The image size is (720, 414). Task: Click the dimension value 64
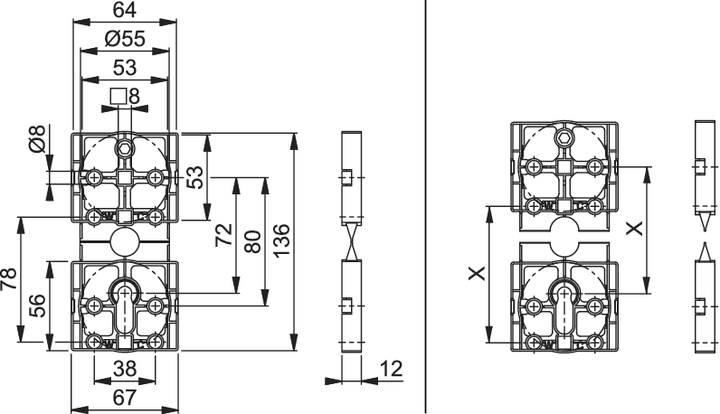[x=125, y=10]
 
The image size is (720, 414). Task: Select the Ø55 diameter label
[x=125, y=39]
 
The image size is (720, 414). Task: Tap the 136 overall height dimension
[x=281, y=240]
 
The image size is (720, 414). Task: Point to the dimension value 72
[x=224, y=234]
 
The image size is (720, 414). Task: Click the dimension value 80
[x=252, y=241]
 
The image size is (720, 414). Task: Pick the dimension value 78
[x=9, y=278]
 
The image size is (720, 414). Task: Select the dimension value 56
[x=37, y=306]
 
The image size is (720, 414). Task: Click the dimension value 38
[x=125, y=369]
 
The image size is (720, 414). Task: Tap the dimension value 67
[x=125, y=398]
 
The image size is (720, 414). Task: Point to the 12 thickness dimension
[x=392, y=369]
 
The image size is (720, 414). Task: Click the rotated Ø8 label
[x=37, y=138]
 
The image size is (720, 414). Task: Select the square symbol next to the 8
[x=118, y=97]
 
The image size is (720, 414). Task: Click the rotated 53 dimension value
[x=196, y=177]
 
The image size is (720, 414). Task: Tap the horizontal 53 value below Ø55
[x=125, y=68]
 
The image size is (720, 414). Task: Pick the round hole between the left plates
[x=124, y=240]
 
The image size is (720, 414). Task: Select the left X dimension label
[x=478, y=274]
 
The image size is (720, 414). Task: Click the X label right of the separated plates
[x=635, y=228]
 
